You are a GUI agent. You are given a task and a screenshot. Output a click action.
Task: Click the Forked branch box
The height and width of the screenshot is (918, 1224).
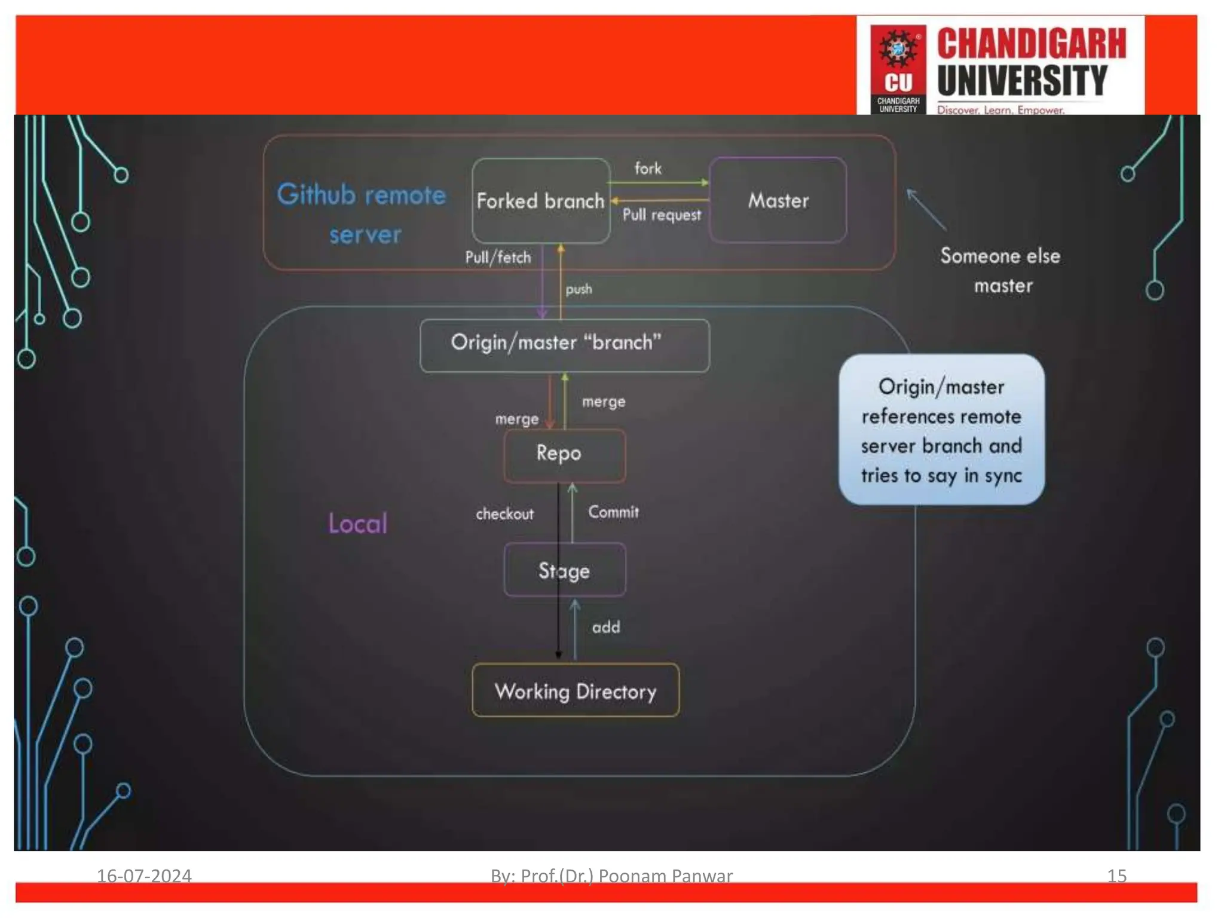pyautogui.click(x=540, y=201)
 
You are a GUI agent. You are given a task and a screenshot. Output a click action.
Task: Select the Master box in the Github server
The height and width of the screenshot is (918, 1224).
pyautogui.click(x=778, y=200)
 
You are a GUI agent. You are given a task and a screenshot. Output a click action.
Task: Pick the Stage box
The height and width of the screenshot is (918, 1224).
pyautogui.click(x=564, y=570)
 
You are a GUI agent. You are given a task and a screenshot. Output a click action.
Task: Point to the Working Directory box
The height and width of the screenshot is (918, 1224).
pyautogui.click(x=575, y=691)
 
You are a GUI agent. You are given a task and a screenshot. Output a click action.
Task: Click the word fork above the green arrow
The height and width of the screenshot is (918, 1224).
pyautogui.click(x=648, y=169)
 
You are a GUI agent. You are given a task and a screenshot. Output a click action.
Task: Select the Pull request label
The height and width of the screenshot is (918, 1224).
pyautogui.click(x=662, y=215)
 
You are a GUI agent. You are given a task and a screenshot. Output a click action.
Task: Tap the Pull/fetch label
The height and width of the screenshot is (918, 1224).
pyautogui.click(x=498, y=258)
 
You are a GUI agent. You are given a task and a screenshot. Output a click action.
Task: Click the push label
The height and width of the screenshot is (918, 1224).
pyautogui.click(x=579, y=289)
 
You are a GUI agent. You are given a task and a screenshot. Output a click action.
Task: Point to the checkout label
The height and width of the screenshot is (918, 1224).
pyautogui.click(x=504, y=514)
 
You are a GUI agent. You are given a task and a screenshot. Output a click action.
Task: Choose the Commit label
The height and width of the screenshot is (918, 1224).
pyautogui.click(x=613, y=512)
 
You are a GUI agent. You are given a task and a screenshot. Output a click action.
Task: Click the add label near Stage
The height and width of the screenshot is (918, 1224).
pyautogui.click(x=606, y=627)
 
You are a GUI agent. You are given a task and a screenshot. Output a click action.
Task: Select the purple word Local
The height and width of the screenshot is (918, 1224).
pyautogui.click(x=357, y=524)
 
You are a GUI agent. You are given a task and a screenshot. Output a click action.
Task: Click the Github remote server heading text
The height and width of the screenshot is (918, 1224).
pyautogui.click(x=362, y=214)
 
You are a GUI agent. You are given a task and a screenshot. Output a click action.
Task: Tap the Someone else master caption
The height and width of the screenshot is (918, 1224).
pyautogui.click(x=1001, y=270)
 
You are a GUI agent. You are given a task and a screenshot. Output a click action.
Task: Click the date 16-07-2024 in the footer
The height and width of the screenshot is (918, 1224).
pyautogui.click(x=144, y=876)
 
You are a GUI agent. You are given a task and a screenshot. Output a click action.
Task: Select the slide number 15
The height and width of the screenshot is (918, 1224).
pyautogui.click(x=1116, y=876)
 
